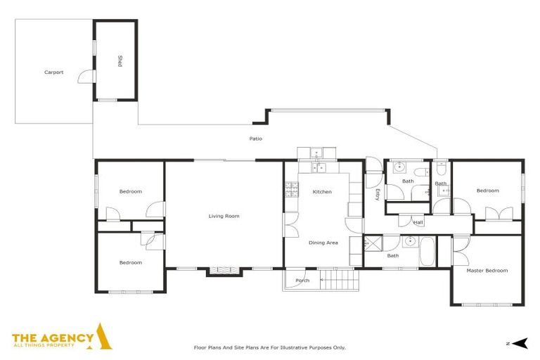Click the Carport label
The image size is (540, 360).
(x=53, y=72)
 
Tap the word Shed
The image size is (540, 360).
(x=120, y=62)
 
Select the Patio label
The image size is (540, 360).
(x=256, y=139)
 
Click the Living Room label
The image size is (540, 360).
(x=224, y=216)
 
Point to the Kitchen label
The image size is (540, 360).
(x=322, y=192)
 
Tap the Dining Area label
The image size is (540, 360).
(x=323, y=243)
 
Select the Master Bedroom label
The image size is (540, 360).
(x=487, y=270)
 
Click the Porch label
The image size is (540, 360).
(x=302, y=281)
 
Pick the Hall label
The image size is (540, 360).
(x=418, y=223)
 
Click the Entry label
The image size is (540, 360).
(x=378, y=195)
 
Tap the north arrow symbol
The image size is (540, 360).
(x=520, y=343)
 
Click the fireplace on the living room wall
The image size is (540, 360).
(x=221, y=270)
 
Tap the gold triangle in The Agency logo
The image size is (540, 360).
(x=103, y=337)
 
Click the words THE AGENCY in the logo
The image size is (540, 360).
(x=53, y=337)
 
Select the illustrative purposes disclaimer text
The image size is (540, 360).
(x=269, y=347)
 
